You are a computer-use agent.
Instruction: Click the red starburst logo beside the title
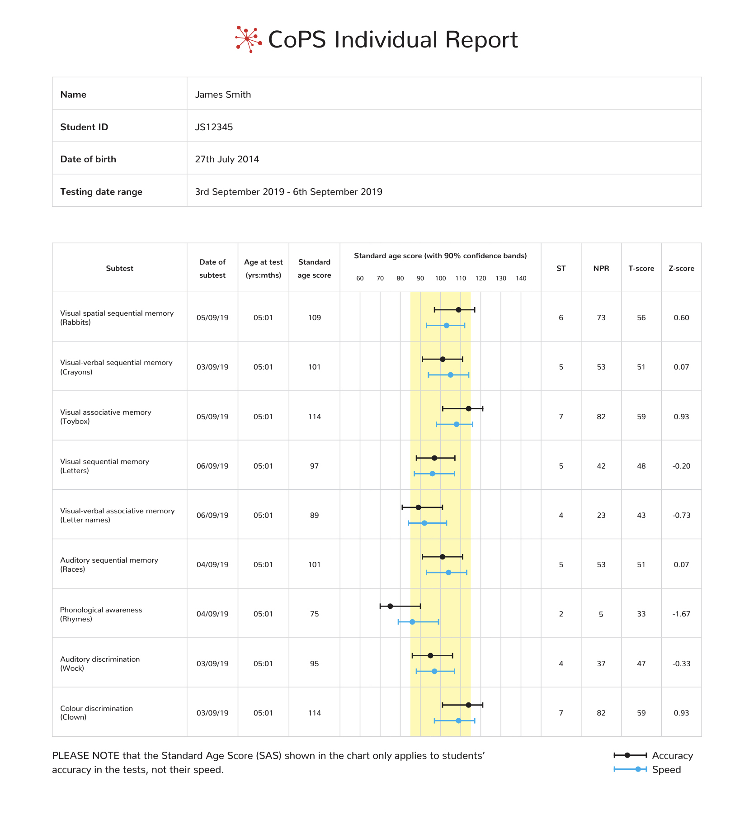248,39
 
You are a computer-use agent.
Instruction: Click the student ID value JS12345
214,127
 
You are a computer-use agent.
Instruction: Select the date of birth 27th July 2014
227,159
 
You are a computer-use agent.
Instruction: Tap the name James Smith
223,95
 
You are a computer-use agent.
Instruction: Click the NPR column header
601,268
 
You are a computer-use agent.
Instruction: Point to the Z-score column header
681,268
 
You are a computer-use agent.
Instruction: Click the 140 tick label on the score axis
521,278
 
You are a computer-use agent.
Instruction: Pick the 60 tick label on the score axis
360,278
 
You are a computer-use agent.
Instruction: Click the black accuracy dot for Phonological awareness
390,606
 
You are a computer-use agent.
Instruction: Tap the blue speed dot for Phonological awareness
412,622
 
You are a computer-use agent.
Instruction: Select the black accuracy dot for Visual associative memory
468,409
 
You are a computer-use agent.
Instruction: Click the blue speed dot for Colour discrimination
458,720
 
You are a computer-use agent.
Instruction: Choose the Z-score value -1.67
681,614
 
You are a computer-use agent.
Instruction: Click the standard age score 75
314,614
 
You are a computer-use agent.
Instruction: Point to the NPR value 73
601,318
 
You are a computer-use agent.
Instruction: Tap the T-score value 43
641,515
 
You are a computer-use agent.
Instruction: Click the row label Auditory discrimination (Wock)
100,664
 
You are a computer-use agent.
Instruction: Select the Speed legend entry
647,769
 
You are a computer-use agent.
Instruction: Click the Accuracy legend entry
653,755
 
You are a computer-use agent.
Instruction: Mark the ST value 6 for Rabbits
561,318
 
